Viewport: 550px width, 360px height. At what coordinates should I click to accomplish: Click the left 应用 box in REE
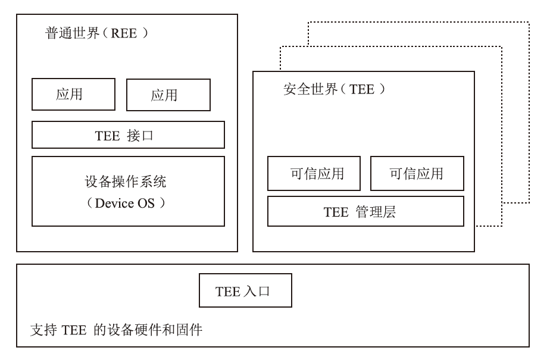pyautogui.click(x=73, y=95)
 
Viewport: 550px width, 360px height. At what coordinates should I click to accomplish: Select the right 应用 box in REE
pyautogui.click(x=168, y=95)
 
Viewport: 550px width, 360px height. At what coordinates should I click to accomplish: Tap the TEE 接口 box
pyautogui.click(x=128, y=134)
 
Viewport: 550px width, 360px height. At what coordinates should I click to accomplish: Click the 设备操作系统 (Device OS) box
pyautogui.click(x=128, y=191)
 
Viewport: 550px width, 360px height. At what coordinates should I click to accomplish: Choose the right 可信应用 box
pyautogui.click(x=417, y=173)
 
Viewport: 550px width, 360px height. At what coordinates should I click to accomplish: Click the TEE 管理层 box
pyautogui.click(x=365, y=211)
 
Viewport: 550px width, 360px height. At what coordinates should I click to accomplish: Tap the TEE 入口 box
pyautogui.click(x=245, y=291)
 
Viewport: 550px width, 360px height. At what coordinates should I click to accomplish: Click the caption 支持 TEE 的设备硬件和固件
pyautogui.click(x=116, y=328)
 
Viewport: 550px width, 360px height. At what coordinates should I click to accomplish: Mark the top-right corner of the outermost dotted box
pyautogui.click(x=529, y=23)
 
